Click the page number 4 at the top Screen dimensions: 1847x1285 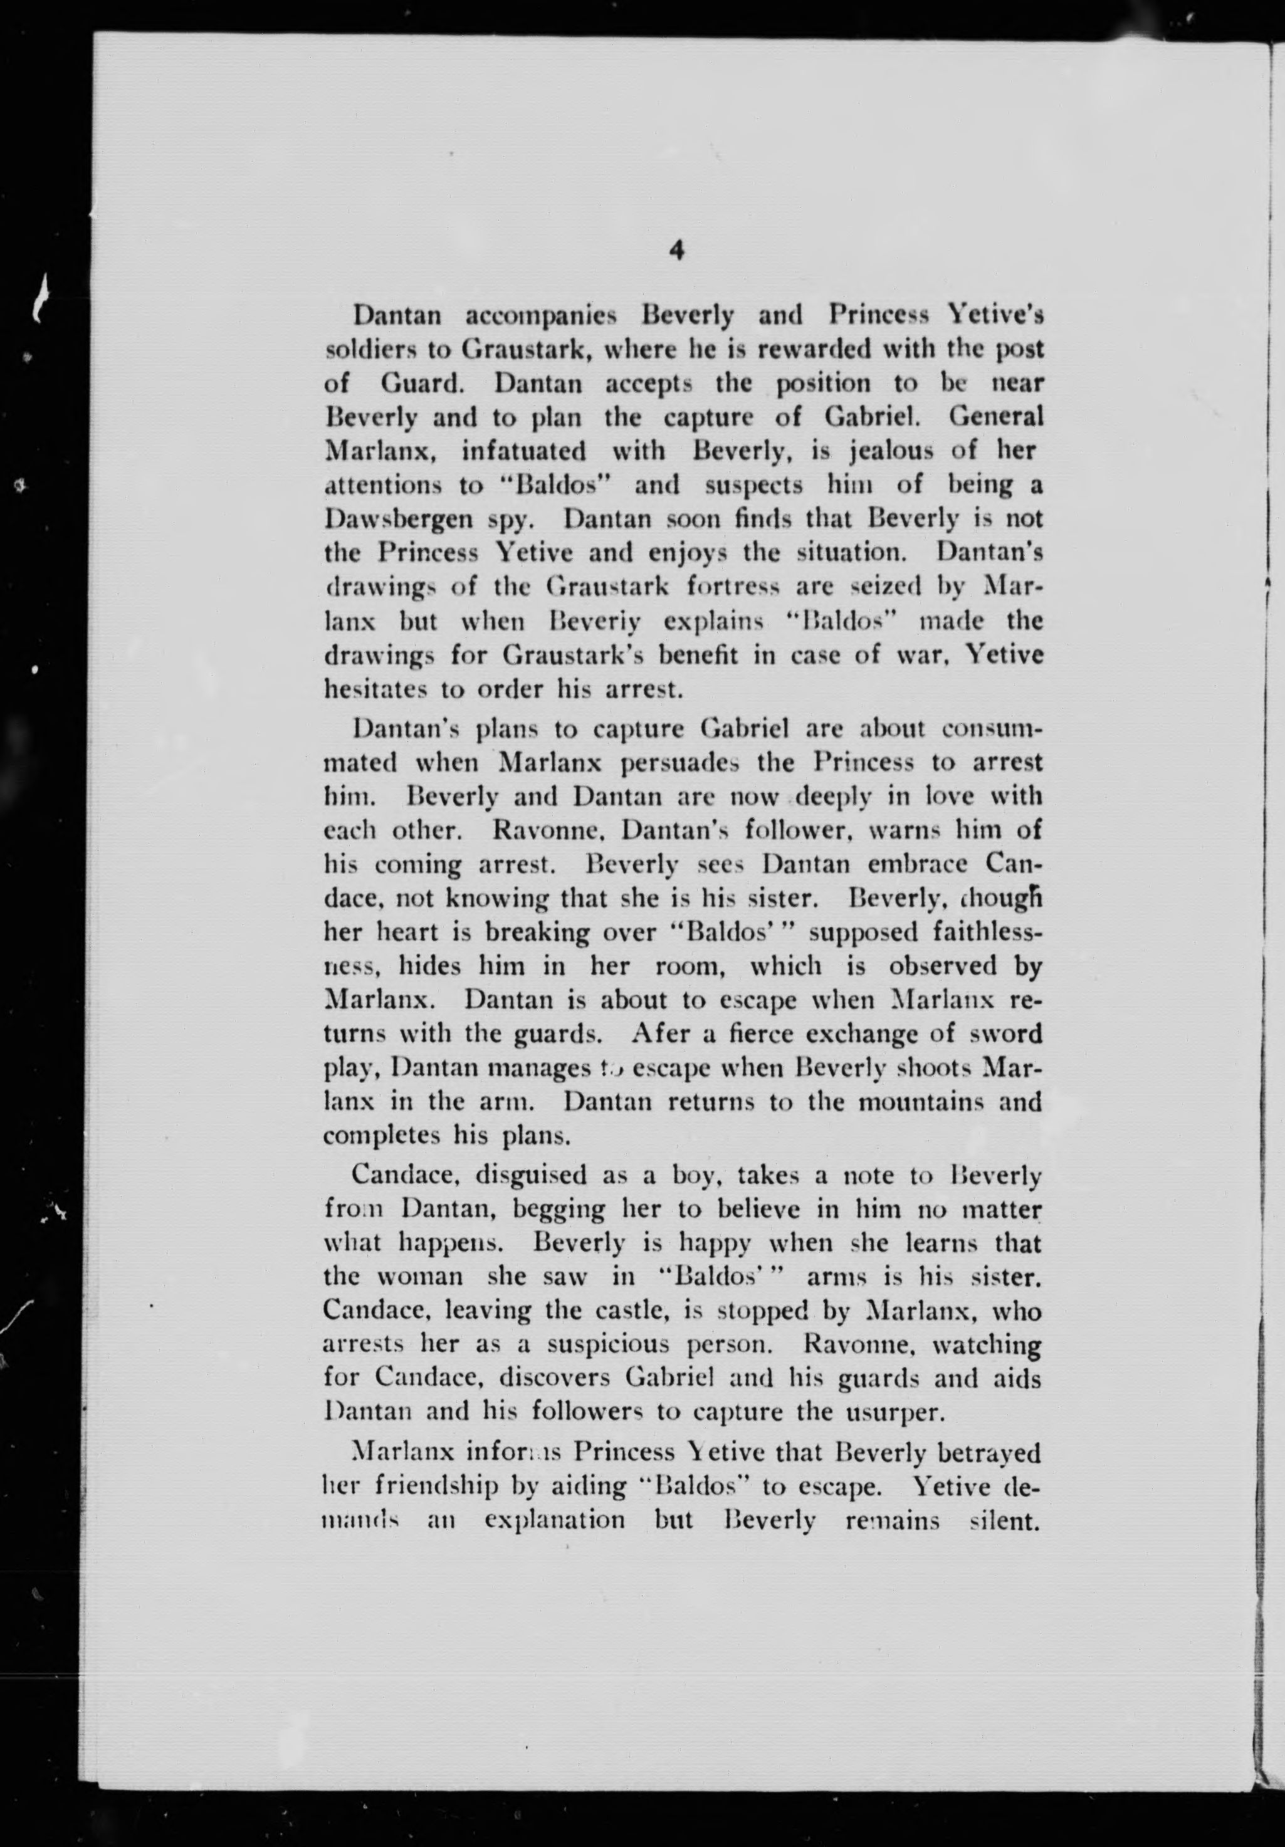(676, 252)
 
